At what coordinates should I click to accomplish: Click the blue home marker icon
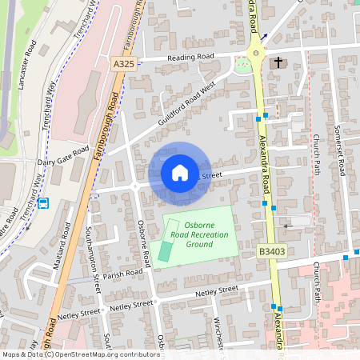pos(180,173)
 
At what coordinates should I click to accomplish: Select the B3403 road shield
pos(270,251)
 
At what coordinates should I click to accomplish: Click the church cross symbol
pos(278,62)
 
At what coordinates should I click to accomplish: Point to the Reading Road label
pos(190,58)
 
